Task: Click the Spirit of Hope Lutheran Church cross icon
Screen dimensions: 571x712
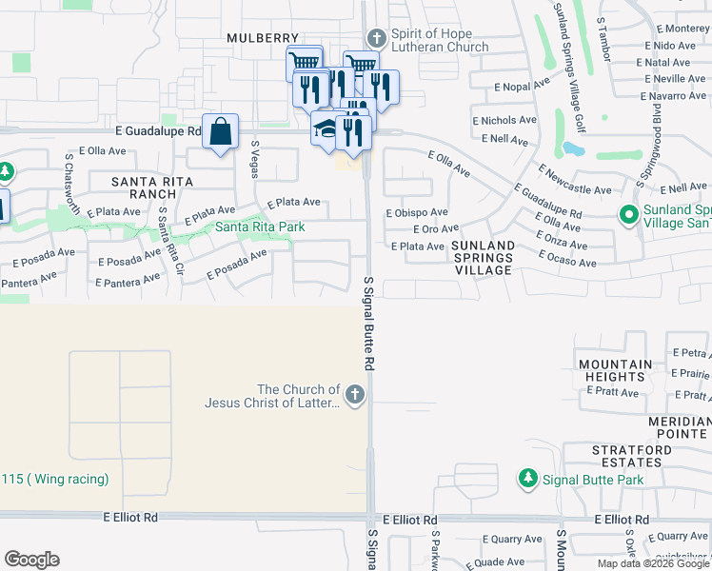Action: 377,38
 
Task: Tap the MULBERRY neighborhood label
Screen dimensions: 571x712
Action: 263,38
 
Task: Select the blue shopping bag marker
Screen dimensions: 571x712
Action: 220,131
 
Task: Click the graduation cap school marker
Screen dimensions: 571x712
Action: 326,129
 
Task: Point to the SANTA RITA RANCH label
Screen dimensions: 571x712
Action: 152,187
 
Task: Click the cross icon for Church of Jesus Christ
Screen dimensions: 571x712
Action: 355,395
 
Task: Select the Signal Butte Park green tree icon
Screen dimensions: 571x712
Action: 526,479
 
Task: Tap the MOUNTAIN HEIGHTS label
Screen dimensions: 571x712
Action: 614,371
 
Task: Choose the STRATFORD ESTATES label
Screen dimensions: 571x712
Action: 626,455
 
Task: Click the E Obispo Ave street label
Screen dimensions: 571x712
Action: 417,212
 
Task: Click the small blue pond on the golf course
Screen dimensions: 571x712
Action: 573,148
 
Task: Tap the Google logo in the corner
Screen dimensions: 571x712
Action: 31,560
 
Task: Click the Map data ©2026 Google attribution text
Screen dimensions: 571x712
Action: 653,563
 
